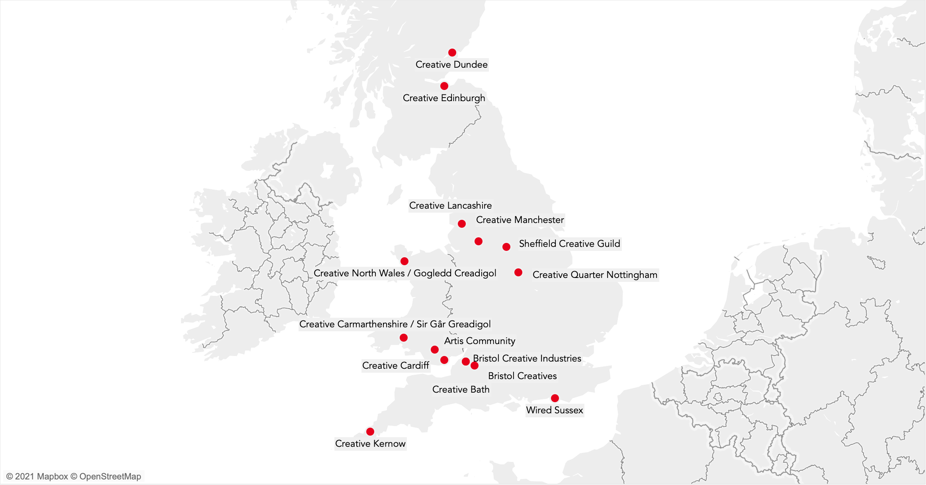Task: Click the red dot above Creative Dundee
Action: pos(452,53)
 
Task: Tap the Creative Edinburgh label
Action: pos(444,98)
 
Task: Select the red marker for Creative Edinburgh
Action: pos(444,86)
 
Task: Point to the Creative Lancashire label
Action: pos(450,205)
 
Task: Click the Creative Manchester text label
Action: pos(520,220)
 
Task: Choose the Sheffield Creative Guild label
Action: pos(569,244)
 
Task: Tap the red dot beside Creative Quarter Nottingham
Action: pos(518,272)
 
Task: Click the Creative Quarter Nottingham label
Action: pos(595,275)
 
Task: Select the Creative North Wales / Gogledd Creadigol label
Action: pos(405,273)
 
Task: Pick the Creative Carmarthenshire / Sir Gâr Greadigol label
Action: pos(395,324)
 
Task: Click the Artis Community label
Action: pos(480,341)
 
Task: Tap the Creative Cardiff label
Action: pos(396,366)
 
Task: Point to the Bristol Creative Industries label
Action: pos(527,358)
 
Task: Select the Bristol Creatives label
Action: pos(522,376)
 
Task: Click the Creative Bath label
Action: pos(461,389)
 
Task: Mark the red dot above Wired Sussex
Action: pos(555,398)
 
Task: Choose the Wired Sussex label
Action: pos(555,410)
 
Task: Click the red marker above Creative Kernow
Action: pos(370,432)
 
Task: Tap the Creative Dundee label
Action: pos(451,65)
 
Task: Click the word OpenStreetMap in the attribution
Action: pos(110,477)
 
